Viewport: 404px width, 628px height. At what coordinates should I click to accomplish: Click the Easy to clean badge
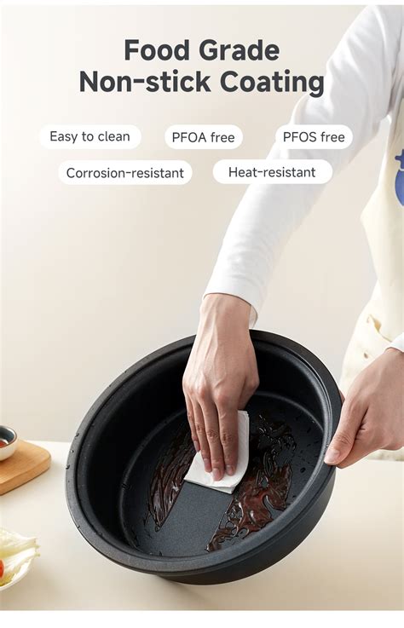[x=89, y=136]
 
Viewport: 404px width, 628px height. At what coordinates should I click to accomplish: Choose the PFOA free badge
[x=204, y=137]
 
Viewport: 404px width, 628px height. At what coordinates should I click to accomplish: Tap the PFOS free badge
[x=314, y=137]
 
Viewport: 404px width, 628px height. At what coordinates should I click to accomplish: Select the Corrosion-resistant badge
[x=125, y=173]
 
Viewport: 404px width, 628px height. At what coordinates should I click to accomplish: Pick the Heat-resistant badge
[x=272, y=172]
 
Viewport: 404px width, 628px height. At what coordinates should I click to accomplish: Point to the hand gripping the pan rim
[x=362, y=418]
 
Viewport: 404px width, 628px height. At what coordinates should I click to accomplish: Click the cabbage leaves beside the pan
[x=15, y=554]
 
